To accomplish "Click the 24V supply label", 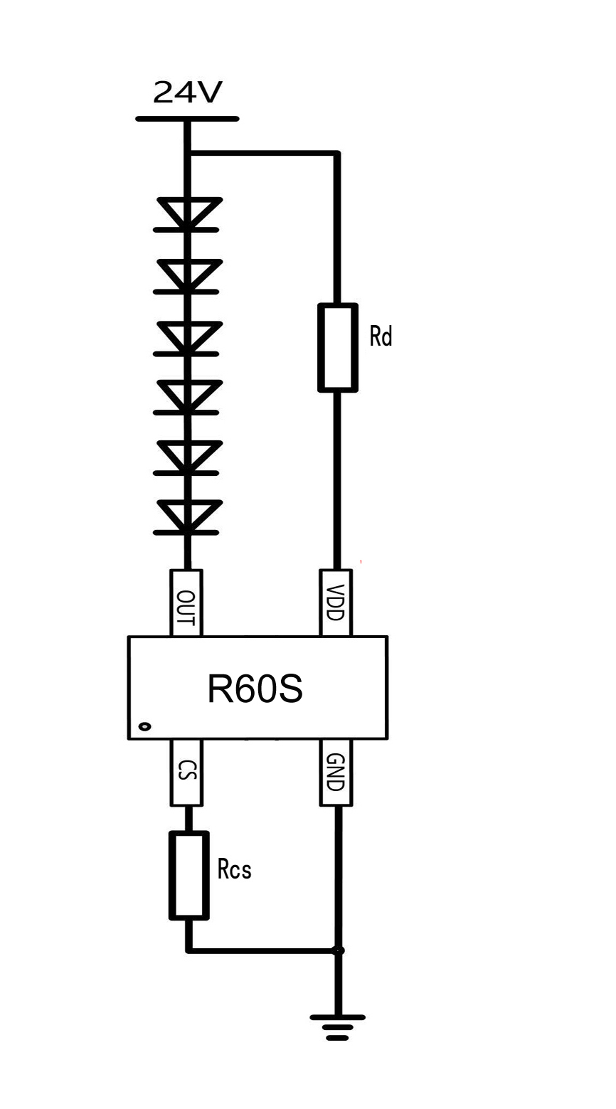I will click(188, 92).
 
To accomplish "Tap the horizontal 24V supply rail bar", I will click(187, 119).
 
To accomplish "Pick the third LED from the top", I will click(188, 337).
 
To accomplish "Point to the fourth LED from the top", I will click(188, 397).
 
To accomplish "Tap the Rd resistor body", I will click(337, 347).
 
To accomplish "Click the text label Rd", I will click(381, 336).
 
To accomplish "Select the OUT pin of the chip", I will click(186, 603).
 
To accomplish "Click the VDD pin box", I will click(336, 603).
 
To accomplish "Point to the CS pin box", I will click(186, 773).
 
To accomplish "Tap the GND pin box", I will click(336, 773).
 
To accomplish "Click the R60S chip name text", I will click(255, 689).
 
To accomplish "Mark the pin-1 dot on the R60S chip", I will click(144, 726).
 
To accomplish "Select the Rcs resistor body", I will click(188, 875).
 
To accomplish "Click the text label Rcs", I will click(234, 869).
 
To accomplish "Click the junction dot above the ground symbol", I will click(339, 950).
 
